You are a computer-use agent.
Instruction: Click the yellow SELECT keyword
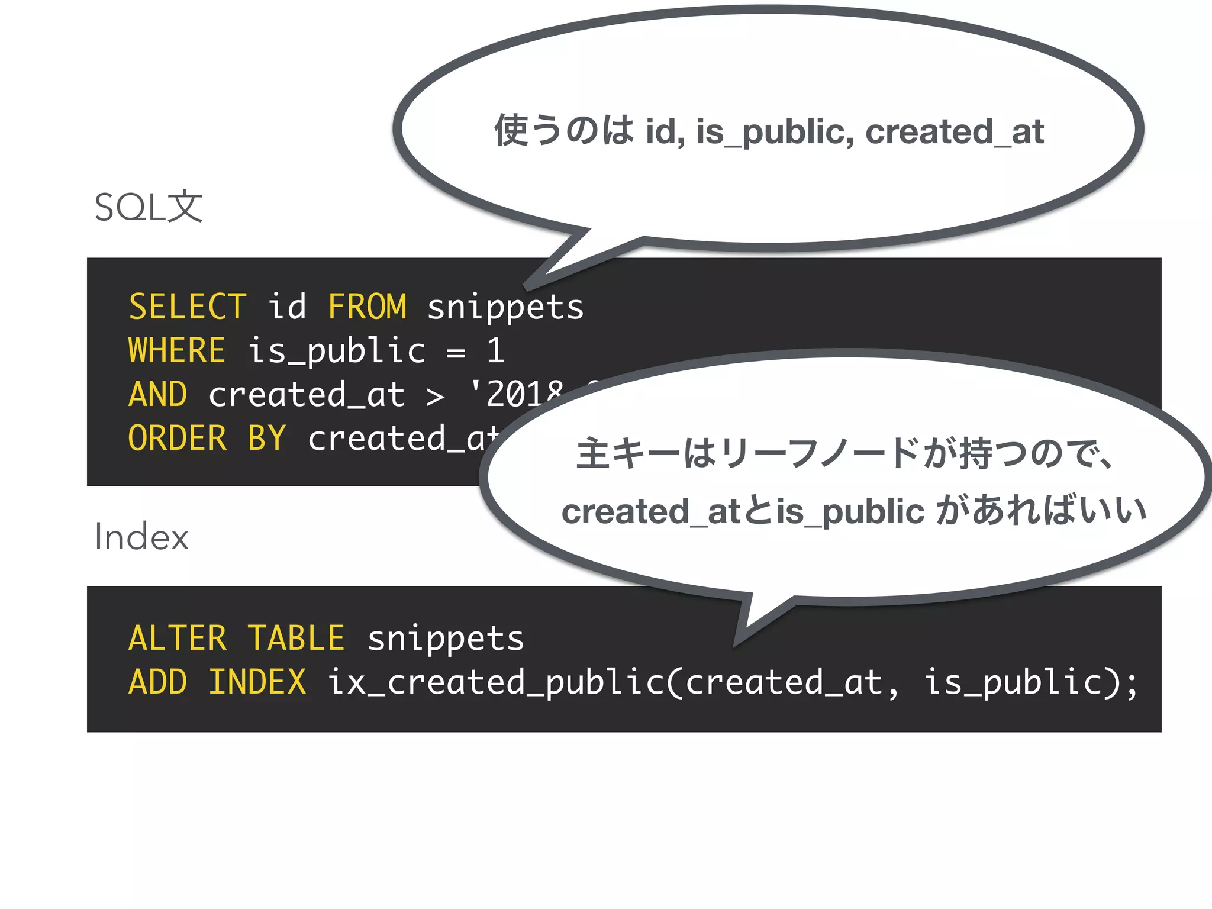click(187, 307)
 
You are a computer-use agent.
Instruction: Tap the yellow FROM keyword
click(367, 307)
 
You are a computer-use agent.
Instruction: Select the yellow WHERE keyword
click(177, 350)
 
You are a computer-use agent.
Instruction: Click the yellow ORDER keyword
click(177, 439)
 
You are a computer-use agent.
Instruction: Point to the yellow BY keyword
click(267, 439)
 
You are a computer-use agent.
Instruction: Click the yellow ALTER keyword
click(177, 639)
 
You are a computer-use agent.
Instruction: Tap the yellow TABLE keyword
click(296, 639)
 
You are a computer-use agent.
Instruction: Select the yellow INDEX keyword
click(257, 682)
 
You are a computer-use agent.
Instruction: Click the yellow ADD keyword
click(157, 682)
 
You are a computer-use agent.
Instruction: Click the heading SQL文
click(149, 208)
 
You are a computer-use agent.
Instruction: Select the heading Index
click(141, 537)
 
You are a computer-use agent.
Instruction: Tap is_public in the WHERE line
click(336, 352)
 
